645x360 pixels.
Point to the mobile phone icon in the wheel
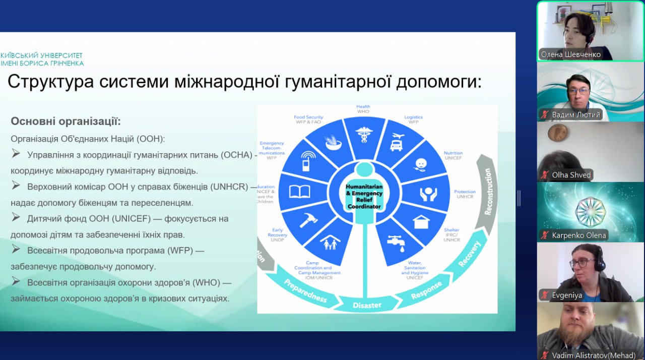pyautogui.click(x=305, y=162)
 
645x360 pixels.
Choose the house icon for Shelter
pyautogui.click(x=421, y=221)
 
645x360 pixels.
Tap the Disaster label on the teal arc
pyautogui.click(x=367, y=305)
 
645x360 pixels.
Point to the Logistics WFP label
pyautogui.click(x=413, y=119)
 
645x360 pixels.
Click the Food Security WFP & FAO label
pyautogui.click(x=308, y=119)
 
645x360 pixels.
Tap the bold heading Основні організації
pyautogui.click(x=66, y=122)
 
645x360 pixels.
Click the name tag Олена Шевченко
pyautogui.click(x=570, y=54)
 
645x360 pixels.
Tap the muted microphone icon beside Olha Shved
pyautogui.click(x=544, y=175)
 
